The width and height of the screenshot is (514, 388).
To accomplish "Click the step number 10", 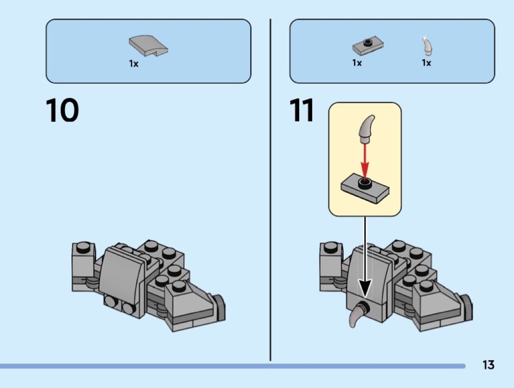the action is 62,110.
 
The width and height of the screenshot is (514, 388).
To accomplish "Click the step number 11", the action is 302,110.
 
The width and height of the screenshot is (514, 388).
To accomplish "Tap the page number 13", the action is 488,365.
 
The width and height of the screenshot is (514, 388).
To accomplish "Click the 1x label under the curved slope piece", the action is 134,64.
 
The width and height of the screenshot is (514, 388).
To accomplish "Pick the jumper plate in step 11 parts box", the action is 368,46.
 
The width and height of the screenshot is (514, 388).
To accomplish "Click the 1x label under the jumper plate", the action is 357,63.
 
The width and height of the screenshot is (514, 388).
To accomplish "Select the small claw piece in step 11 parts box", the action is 427,46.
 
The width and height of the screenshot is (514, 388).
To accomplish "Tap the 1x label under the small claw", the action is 426,63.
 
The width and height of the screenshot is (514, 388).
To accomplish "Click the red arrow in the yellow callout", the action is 365,162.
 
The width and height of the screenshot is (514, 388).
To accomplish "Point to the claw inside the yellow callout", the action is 367,129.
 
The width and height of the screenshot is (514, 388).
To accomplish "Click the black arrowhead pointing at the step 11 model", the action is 365,288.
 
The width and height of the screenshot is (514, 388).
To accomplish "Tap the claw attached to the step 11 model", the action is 357,315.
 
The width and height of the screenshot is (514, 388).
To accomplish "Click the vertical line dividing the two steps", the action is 270,190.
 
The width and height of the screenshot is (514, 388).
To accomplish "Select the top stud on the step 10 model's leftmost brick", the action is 83,248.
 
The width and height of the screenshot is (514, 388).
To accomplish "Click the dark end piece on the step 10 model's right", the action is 219,307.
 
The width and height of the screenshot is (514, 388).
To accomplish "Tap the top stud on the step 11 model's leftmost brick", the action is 331,248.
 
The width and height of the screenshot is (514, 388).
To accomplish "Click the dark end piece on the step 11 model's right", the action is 467,307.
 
